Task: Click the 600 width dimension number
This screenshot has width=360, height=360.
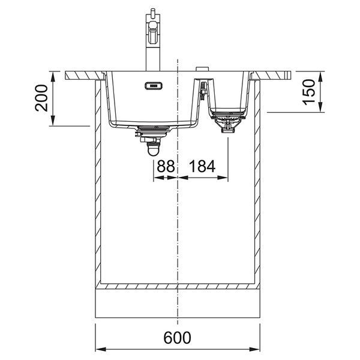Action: click(177, 337)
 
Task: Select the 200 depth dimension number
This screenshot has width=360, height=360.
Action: click(41, 98)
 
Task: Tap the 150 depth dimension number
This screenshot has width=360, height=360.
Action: click(309, 92)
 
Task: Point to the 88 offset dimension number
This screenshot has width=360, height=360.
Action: click(166, 166)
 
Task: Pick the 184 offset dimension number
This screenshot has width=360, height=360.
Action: click(202, 166)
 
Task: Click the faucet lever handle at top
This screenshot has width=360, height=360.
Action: click(152, 14)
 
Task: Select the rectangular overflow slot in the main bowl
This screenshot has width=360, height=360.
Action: click(154, 86)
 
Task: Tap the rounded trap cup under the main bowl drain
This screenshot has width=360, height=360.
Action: click(154, 149)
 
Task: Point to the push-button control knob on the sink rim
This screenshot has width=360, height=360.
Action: click(202, 69)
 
